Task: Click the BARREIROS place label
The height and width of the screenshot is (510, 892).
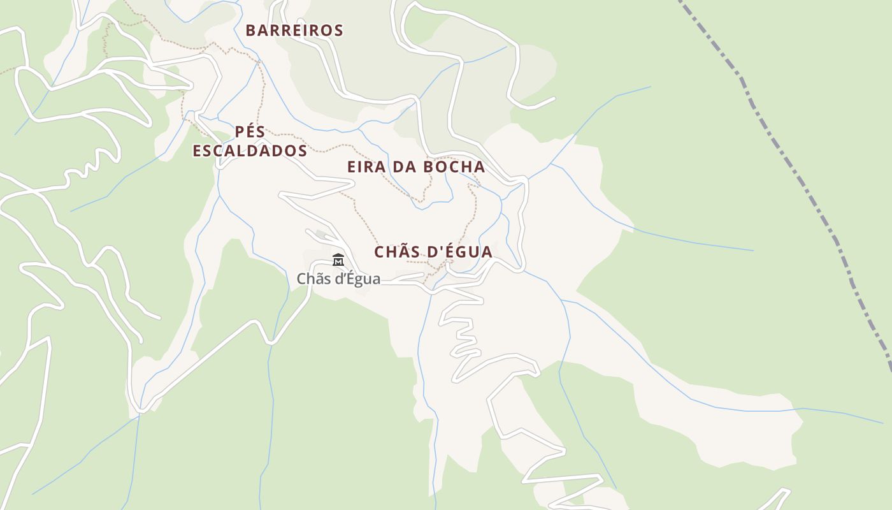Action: pos(294,31)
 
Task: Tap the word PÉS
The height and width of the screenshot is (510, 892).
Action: pos(250,132)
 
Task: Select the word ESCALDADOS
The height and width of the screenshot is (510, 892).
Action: pos(250,151)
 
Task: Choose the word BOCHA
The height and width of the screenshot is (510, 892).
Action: pos(455,167)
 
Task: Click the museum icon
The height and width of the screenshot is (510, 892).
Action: pos(338,260)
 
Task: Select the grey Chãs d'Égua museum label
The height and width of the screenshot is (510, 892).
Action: pos(338,279)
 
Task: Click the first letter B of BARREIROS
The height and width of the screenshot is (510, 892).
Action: pos(250,31)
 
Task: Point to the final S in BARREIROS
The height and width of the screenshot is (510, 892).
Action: pos(338,31)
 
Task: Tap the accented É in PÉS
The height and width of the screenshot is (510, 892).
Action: pos(250,132)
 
